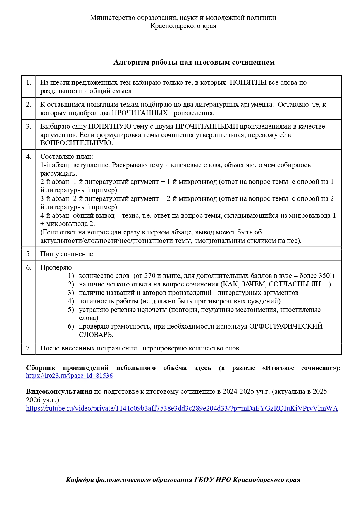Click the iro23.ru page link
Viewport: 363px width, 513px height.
[69, 376]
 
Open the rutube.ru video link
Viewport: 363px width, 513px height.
[182, 408]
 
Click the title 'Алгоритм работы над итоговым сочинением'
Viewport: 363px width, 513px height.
[194, 62]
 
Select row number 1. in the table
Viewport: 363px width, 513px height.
[29, 83]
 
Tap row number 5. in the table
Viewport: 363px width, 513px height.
[29, 254]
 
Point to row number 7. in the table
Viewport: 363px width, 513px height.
[29, 348]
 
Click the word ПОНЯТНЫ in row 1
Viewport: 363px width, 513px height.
[248, 83]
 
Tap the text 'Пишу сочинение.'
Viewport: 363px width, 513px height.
[67, 254]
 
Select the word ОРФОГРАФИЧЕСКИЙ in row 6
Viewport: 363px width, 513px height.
[285, 326]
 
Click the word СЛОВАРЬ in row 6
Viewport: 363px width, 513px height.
[96, 335]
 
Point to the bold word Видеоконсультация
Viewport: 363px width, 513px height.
[59, 391]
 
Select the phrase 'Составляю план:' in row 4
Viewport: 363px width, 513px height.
[66, 156]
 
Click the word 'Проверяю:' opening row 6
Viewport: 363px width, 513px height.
[57, 267]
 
